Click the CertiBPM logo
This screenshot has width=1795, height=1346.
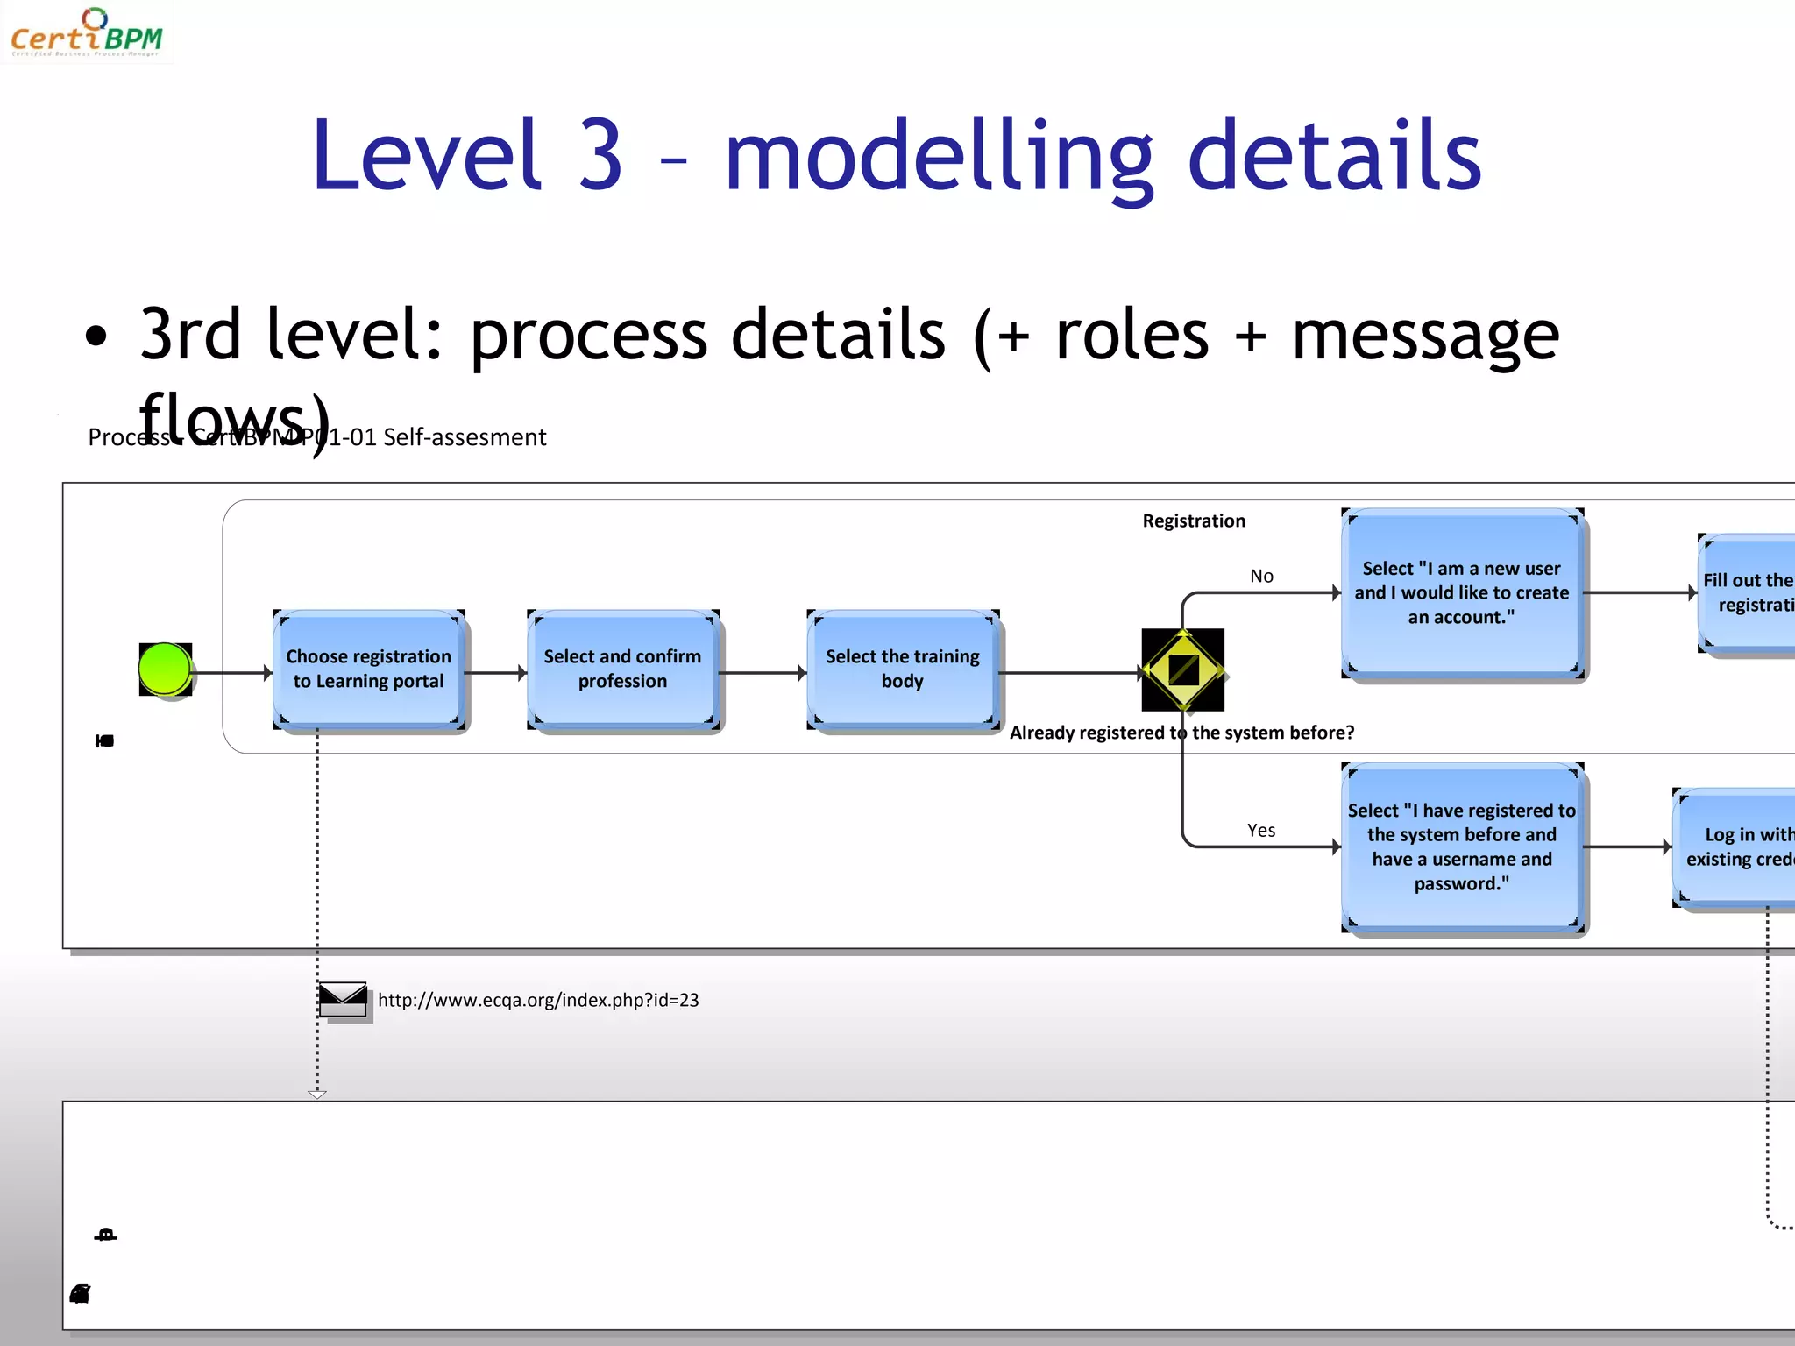(x=86, y=32)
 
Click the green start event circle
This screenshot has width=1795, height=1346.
(x=165, y=669)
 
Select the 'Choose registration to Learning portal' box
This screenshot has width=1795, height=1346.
(x=368, y=669)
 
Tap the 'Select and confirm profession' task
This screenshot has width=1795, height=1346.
(x=622, y=669)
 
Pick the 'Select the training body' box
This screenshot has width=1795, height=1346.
(x=903, y=669)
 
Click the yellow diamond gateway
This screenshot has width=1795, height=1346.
(x=1183, y=670)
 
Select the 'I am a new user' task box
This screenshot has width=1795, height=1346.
(x=1462, y=593)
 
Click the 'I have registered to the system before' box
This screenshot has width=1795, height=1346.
(x=1462, y=847)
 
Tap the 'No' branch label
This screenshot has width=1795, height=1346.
(x=1261, y=577)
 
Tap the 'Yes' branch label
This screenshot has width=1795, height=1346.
(x=1261, y=831)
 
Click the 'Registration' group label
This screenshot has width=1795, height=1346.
(x=1194, y=521)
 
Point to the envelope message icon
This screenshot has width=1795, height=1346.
(x=343, y=999)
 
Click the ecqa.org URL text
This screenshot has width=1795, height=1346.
(x=538, y=1001)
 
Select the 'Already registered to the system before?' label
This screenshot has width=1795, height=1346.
(x=1181, y=733)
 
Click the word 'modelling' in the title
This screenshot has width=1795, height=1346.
(x=938, y=158)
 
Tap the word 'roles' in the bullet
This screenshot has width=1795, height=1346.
(x=1132, y=336)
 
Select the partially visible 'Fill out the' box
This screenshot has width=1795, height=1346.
(x=1748, y=593)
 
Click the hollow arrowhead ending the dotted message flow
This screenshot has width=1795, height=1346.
(x=317, y=1094)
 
